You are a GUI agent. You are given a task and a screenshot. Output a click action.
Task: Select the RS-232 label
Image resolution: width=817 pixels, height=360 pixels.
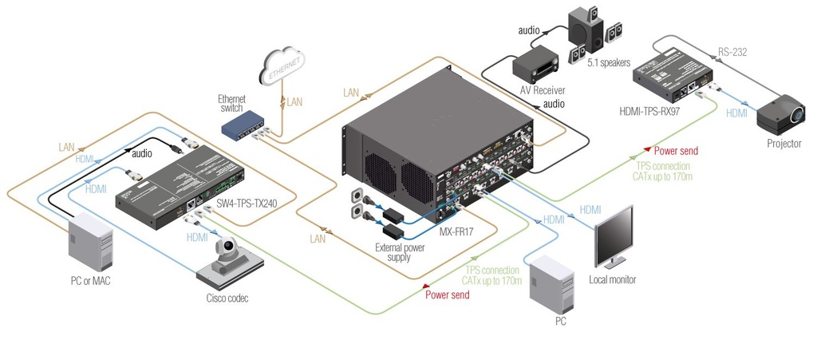[735, 53]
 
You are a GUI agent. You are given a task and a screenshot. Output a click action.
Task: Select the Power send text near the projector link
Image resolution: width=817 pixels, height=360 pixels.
[677, 149]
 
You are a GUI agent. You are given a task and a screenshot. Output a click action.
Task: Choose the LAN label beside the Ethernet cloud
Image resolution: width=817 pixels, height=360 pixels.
[294, 101]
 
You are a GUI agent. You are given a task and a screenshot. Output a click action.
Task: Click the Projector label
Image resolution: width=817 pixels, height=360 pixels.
[783, 143]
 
